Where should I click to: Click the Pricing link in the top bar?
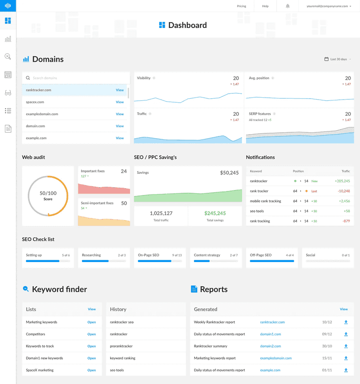click(241, 6)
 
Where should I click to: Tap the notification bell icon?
click(288, 6)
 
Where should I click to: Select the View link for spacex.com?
click(120, 102)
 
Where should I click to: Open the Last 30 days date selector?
click(338, 59)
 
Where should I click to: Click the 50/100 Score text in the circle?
click(48, 195)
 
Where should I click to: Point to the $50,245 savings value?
click(229, 172)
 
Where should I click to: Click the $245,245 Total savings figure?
click(215, 213)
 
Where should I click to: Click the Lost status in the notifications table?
click(314, 191)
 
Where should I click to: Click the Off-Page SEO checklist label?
click(261, 255)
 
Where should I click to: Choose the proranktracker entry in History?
click(121, 346)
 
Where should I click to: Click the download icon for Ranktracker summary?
click(346, 346)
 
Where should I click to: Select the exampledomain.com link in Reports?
click(276, 358)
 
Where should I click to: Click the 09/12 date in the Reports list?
click(327, 334)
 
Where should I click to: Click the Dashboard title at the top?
click(187, 25)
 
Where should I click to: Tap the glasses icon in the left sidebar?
click(8, 93)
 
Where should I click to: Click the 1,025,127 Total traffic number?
click(161, 213)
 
